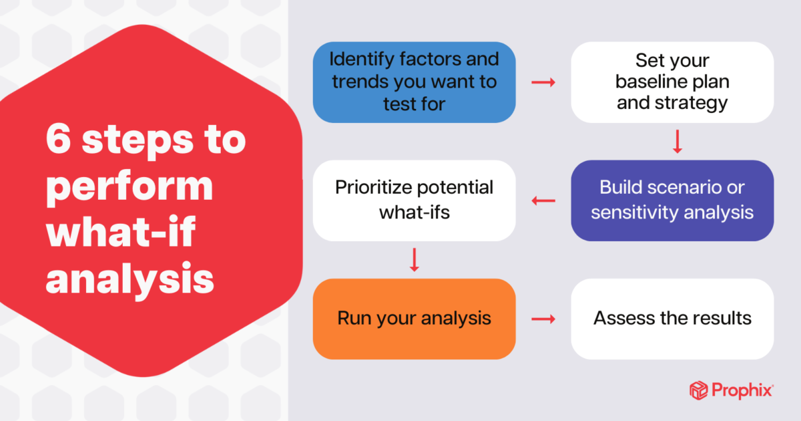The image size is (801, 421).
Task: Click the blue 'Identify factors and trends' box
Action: [414, 82]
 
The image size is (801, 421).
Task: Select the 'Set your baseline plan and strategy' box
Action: [672, 82]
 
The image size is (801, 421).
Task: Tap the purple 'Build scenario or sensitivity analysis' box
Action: [672, 200]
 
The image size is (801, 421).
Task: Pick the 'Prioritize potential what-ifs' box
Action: [414, 200]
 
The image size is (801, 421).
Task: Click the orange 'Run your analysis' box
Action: [414, 319]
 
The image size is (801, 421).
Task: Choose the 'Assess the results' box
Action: [672, 319]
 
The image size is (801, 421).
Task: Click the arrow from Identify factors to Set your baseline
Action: [543, 82]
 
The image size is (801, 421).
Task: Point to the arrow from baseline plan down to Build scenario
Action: [678, 142]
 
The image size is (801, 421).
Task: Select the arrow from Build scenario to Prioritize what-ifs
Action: [543, 200]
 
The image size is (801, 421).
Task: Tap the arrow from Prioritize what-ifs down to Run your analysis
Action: [414, 260]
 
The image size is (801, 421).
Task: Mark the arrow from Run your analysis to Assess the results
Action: [543, 319]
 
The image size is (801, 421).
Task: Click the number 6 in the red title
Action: [58, 139]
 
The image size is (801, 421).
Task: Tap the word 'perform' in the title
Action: [129, 188]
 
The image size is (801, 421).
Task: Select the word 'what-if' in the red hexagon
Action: [121, 232]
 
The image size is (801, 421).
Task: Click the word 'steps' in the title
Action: [138, 142]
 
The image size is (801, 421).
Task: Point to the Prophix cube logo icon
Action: [698, 390]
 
